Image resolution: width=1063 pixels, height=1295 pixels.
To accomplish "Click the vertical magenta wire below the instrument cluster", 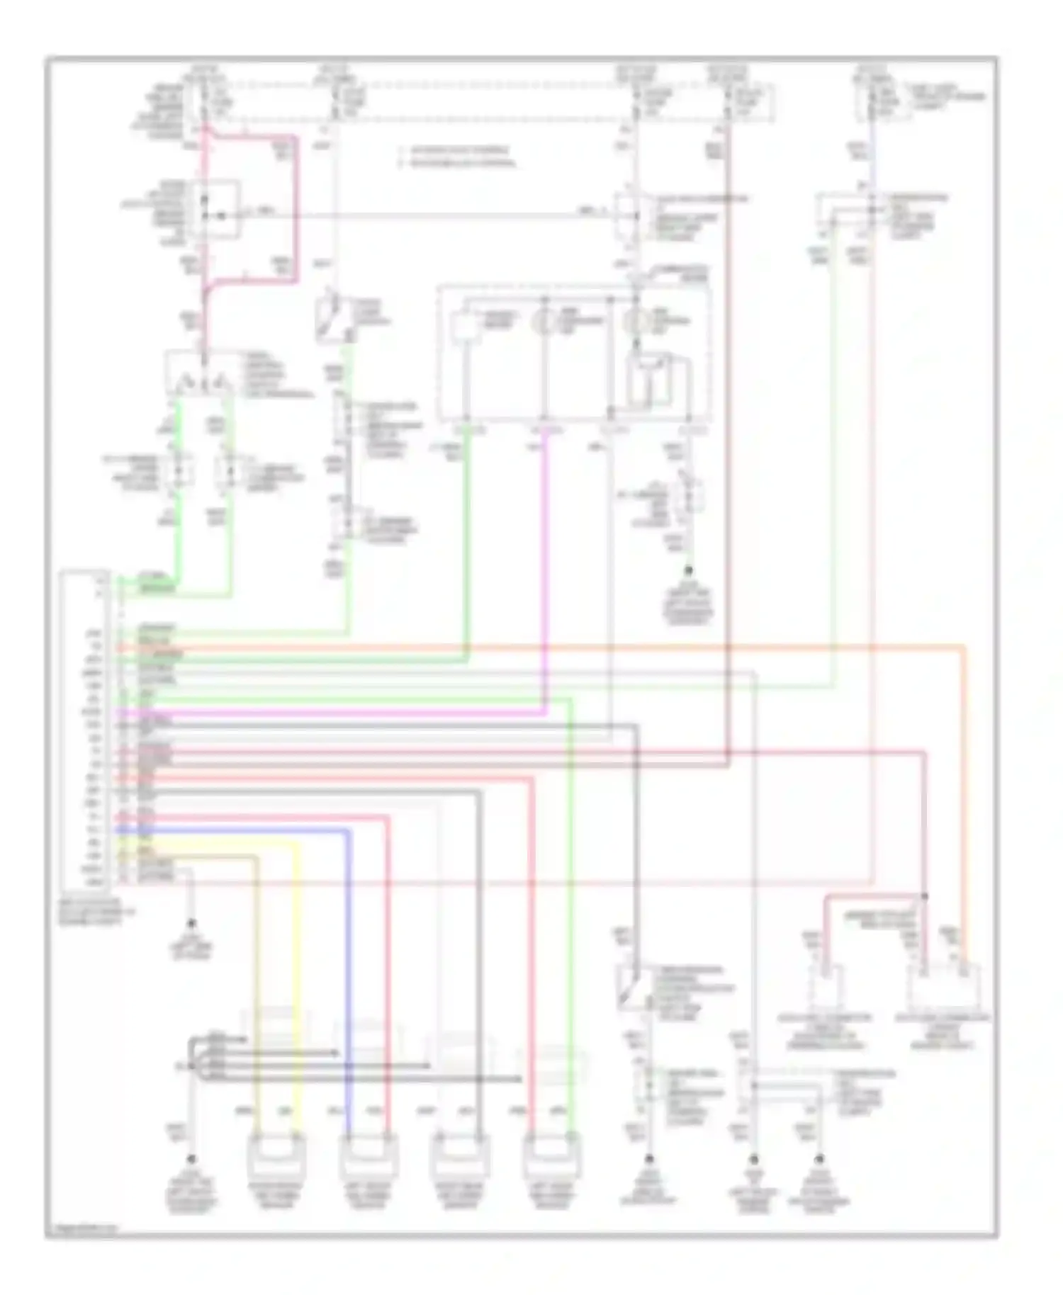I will coord(545,567).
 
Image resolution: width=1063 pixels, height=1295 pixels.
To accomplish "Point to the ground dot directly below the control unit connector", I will coord(191,924).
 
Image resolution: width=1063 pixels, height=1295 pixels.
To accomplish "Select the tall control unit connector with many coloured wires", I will coord(85,730).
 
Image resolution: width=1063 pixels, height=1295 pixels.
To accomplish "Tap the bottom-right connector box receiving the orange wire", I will coord(944,987).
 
